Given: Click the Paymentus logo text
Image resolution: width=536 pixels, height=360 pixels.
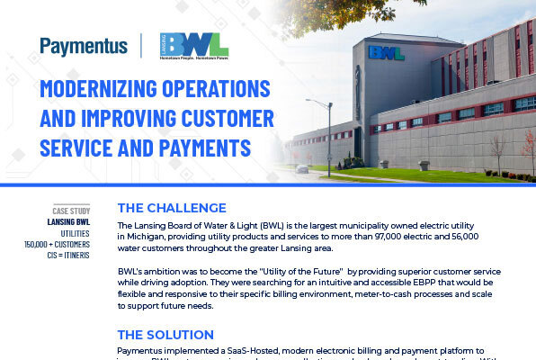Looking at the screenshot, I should coord(84,46).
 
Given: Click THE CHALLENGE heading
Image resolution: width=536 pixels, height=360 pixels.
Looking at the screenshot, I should coord(172,208).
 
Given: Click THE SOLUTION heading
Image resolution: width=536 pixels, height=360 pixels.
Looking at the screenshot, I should coord(165,334).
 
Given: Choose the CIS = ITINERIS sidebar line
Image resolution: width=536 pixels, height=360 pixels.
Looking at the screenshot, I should coord(79,256).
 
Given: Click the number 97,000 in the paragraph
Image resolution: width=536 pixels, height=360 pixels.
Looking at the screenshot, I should coord(389,235).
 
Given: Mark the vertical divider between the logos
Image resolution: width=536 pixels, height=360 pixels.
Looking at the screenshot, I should coord(141,46).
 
